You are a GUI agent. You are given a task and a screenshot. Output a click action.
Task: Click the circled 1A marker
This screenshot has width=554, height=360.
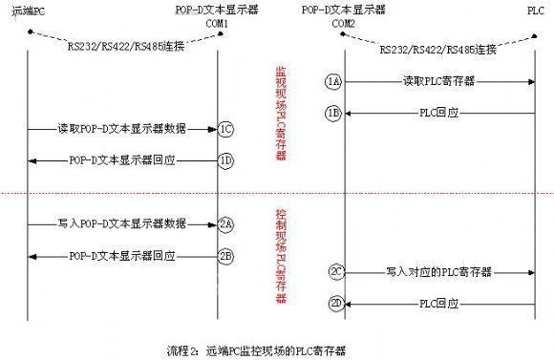332,82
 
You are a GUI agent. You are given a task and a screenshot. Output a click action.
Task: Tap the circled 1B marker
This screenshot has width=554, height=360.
332,113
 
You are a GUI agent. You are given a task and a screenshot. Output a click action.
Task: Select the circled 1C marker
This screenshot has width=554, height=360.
225,128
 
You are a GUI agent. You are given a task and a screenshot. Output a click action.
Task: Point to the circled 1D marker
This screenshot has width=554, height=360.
225,159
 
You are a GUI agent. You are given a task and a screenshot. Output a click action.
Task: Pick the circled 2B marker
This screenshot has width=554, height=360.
225,255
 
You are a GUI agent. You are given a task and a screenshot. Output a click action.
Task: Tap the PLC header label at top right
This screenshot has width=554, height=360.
533,9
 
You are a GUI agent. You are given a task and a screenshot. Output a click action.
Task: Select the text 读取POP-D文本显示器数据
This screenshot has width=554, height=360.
121,128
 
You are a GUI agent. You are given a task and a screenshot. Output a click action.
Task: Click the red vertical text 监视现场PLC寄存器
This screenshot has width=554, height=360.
280,114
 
